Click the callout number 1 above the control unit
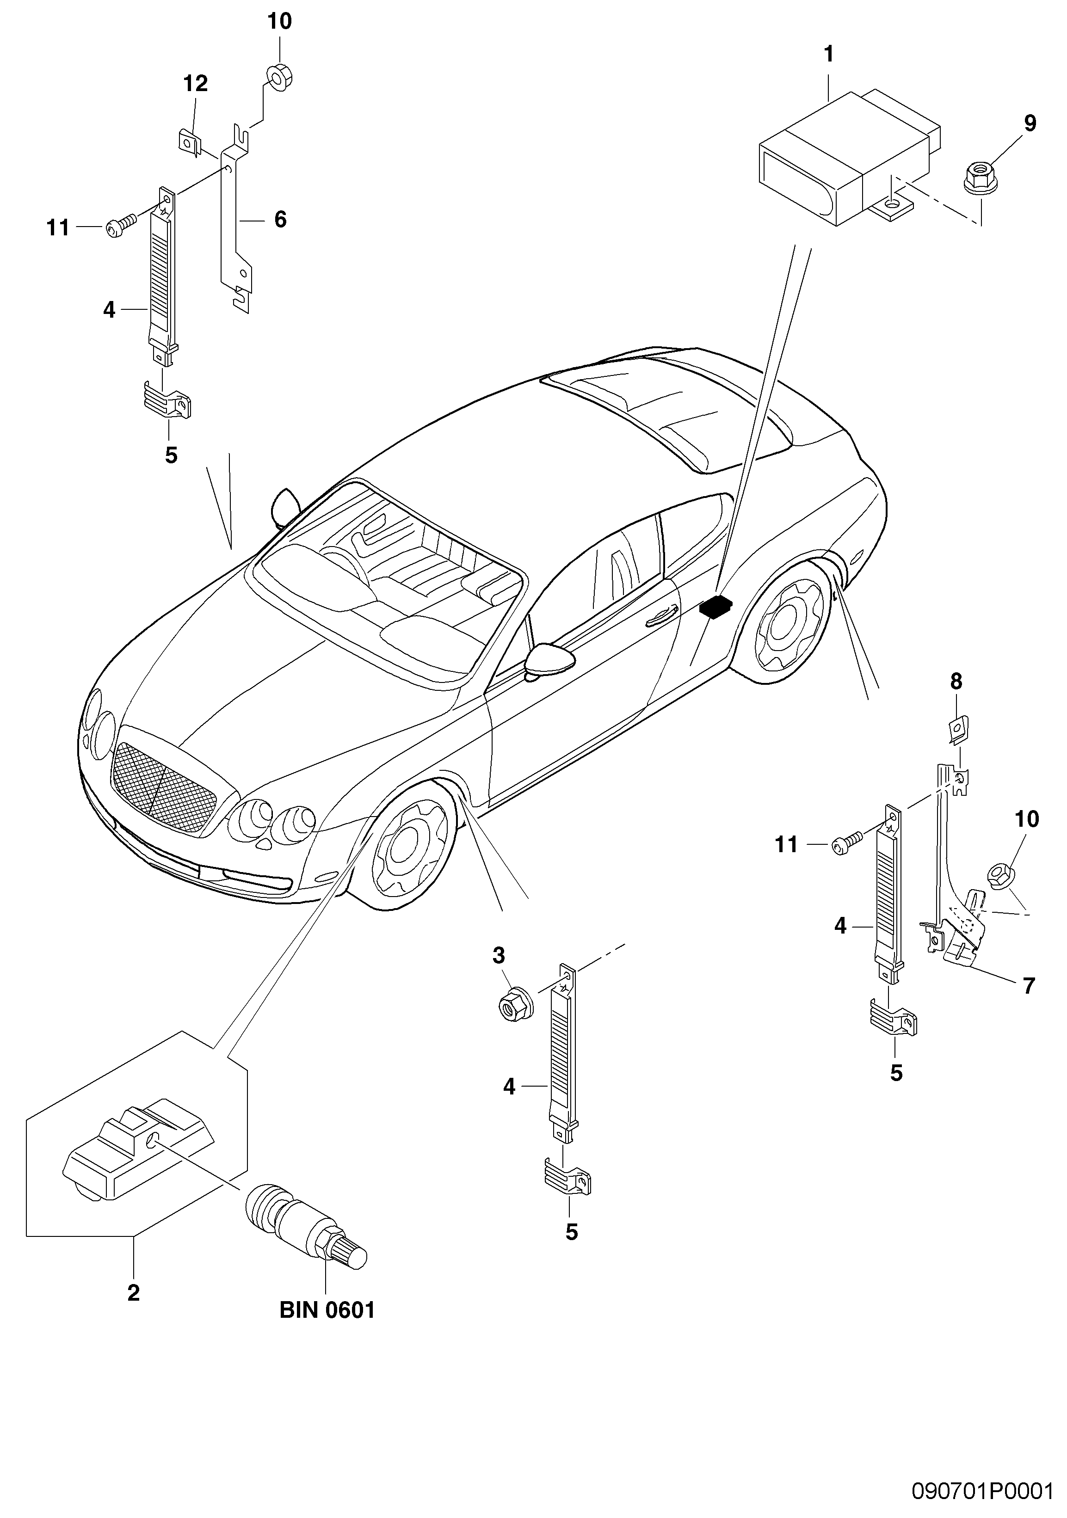(828, 54)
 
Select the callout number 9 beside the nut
(1029, 123)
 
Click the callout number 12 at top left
(195, 83)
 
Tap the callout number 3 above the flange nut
(498, 955)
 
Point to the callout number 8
(956, 681)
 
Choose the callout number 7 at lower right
(1028, 986)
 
